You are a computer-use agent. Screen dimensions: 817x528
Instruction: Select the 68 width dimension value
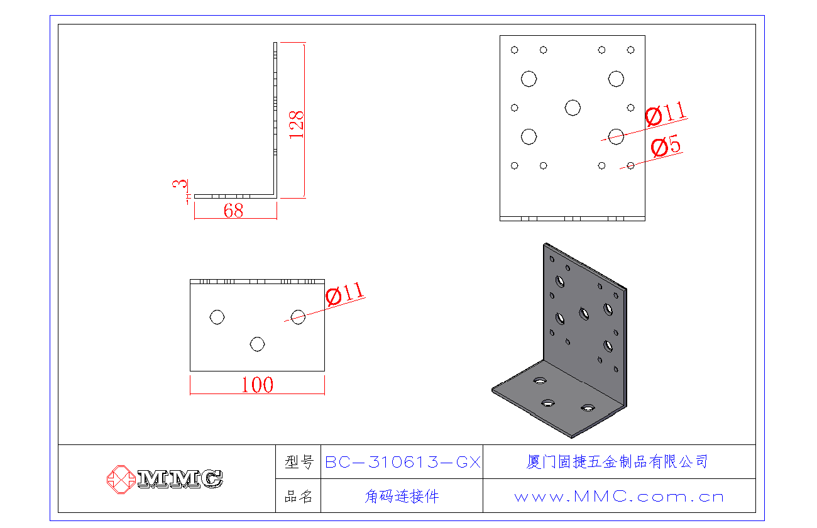click(x=233, y=211)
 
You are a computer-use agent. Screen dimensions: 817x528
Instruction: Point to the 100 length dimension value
click(x=258, y=385)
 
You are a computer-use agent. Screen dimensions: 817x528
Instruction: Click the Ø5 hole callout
click(x=666, y=148)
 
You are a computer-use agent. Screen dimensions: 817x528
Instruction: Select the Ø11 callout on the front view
click(x=665, y=114)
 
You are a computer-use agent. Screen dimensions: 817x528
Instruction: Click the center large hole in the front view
click(x=573, y=107)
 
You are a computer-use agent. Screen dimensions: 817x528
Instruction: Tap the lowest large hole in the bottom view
click(x=257, y=344)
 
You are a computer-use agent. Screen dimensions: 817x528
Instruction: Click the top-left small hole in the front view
click(x=515, y=50)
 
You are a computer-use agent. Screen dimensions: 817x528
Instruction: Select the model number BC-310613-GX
click(x=402, y=463)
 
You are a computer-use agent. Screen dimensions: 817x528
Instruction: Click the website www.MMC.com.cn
click(x=619, y=497)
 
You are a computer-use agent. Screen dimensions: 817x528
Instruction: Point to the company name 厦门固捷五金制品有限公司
click(x=617, y=462)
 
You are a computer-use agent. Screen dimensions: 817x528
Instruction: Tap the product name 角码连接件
click(x=402, y=497)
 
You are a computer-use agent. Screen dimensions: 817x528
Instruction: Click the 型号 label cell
click(x=299, y=463)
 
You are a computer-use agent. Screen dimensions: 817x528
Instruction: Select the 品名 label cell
click(x=299, y=497)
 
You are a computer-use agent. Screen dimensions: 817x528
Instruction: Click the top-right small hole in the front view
click(x=630, y=50)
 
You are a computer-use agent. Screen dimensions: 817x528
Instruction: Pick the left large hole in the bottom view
click(x=217, y=317)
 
